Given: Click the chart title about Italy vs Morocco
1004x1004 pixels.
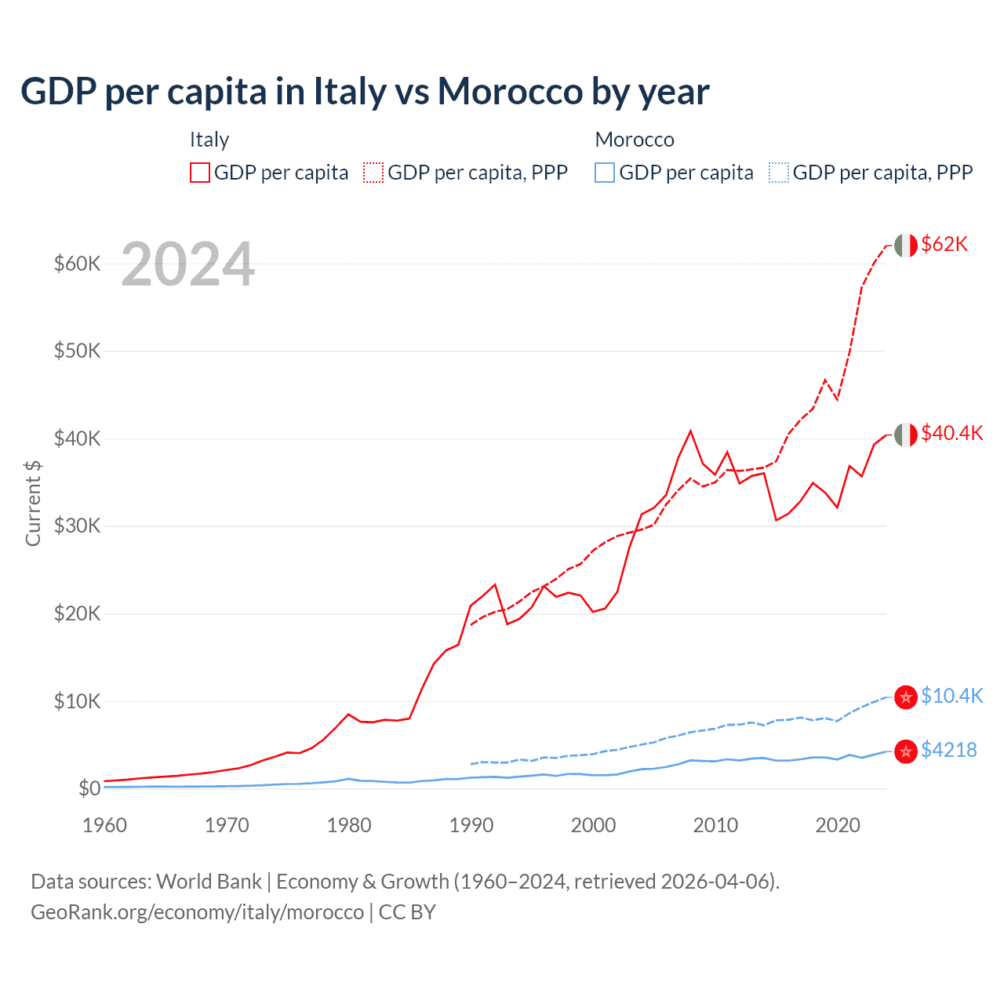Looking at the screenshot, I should pos(365,92).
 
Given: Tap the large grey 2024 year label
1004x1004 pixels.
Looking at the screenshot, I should pos(188,264).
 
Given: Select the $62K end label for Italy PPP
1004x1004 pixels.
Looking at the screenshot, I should pos(944,244).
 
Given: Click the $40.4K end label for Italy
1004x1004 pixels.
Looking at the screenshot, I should pos(951,433).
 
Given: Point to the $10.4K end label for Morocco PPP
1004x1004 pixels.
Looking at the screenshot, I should pos(951,696).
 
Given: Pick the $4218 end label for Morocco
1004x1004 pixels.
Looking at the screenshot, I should pos(948,750).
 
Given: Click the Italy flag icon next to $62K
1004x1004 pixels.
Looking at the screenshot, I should pos(906,246).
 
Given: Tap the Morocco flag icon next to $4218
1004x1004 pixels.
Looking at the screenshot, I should pos(906,751).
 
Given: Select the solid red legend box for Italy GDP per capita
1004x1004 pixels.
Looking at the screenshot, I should pos(200,173).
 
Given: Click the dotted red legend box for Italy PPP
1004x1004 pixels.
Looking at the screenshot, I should pos(373,173).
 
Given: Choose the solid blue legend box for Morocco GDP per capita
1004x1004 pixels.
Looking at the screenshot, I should pos(605,173).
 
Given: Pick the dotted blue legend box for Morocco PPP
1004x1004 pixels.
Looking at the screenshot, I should pos(779,173).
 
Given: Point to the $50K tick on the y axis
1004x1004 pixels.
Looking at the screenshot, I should pos(77,351).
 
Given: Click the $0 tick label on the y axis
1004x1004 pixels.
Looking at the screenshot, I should pos(89,788).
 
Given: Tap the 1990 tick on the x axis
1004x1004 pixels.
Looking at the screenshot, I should pos(471,825).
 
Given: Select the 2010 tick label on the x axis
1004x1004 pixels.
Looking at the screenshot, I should pos(715,825).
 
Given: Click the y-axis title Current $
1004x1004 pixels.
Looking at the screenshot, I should pos(33,504).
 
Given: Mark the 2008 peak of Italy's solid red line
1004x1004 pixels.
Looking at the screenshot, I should pos(690,431).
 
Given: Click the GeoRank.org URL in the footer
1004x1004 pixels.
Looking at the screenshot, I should pos(197,912).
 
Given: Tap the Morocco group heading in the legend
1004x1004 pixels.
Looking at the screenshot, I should pos(635,140).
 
